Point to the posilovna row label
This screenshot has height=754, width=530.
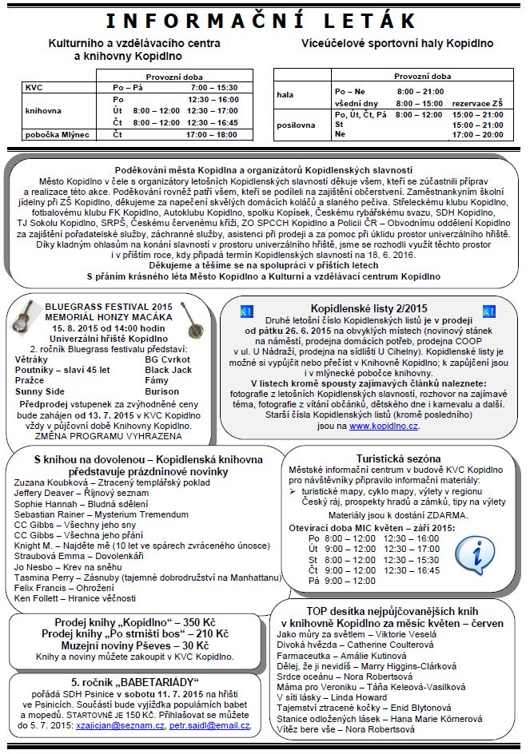296,125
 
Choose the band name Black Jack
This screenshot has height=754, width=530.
168,371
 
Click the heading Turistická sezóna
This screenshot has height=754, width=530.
399,458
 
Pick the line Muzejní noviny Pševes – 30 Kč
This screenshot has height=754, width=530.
120,645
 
